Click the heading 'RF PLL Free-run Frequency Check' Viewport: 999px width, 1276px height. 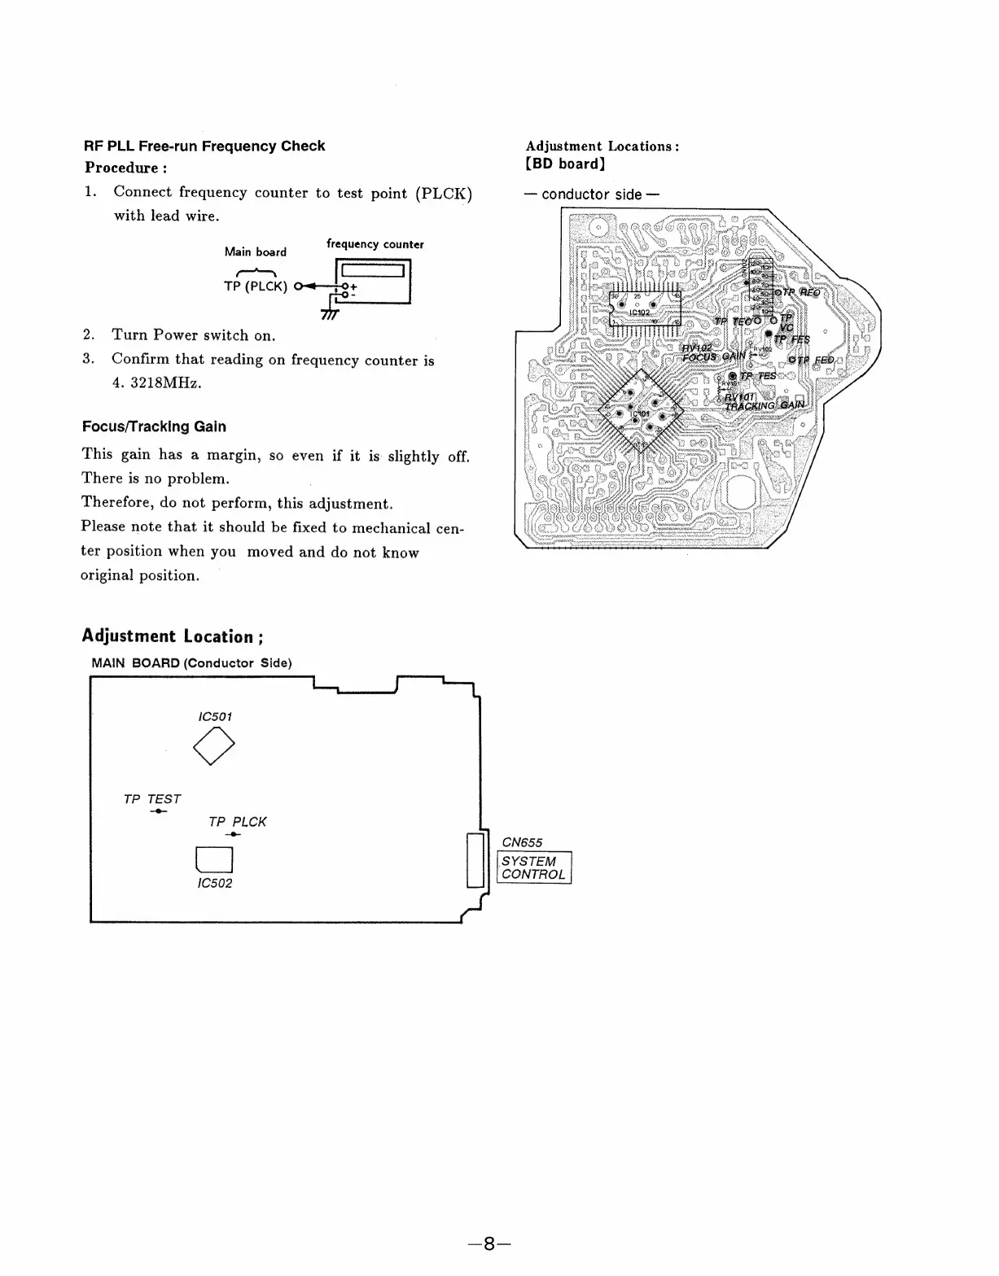(204, 146)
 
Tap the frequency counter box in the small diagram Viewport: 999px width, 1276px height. (372, 280)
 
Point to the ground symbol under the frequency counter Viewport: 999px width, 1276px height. (329, 315)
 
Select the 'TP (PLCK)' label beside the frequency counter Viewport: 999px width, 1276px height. (256, 286)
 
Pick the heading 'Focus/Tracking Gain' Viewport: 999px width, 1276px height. (154, 426)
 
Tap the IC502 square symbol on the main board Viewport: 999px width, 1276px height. (214, 859)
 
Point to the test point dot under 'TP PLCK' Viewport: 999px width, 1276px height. (234, 835)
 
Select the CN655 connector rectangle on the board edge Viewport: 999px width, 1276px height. (475, 859)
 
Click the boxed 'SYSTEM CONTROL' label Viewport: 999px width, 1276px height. (534, 867)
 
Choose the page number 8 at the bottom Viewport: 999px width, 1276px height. (489, 1244)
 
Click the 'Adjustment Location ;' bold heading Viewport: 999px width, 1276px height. (173, 636)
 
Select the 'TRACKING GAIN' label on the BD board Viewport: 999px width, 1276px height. (765, 405)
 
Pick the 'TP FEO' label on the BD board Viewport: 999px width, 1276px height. (814, 361)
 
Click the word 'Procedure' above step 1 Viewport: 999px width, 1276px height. (121, 168)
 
